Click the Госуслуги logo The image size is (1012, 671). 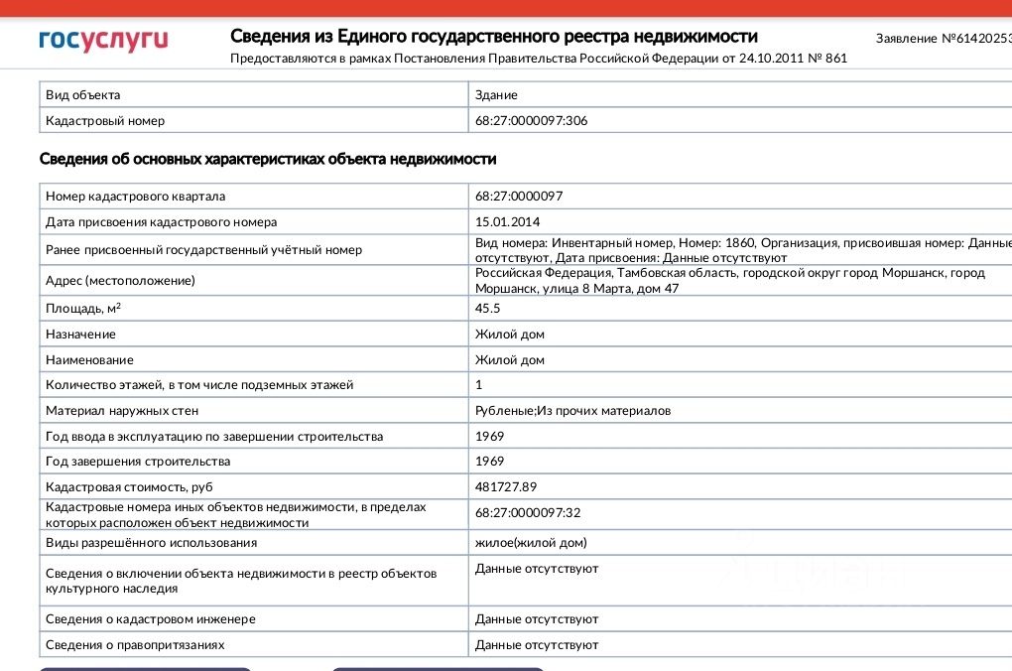(103, 40)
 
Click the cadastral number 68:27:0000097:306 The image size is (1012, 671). (538, 121)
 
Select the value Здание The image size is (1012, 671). (496, 95)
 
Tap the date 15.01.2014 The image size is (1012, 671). (508, 222)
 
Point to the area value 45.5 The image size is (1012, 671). (488, 309)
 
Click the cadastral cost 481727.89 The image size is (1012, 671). (506, 487)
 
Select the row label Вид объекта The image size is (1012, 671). (83, 95)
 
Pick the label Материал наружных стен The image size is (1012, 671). (122, 411)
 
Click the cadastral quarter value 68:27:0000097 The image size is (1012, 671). (519, 197)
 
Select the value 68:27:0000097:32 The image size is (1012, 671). (528, 513)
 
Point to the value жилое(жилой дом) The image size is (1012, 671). (531, 543)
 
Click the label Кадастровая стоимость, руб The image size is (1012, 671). (129, 487)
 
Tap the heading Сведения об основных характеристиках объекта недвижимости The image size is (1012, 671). (268, 160)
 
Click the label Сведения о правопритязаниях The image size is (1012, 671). (135, 645)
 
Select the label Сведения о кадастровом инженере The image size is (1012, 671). (151, 619)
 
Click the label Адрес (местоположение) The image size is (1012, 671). (120, 281)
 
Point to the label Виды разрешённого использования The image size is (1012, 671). (151, 543)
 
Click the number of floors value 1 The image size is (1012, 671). (479, 385)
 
